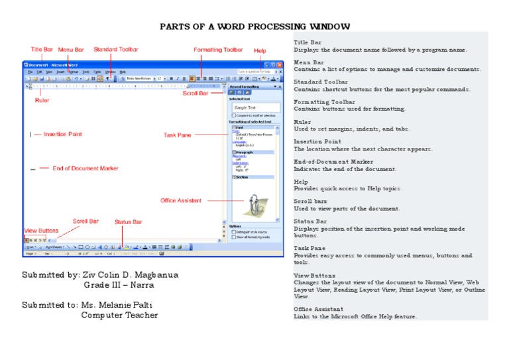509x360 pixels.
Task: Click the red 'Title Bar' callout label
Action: pyautogui.click(x=42, y=50)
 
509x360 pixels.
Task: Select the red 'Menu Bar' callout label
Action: pyautogui.click(x=71, y=50)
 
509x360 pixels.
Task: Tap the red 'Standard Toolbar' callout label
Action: pyautogui.click(x=116, y=50)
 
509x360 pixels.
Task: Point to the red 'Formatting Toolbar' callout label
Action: pyautogui.click(x=218, y=50)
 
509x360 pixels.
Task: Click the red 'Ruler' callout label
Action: pyautogui.click(x=42, y=101)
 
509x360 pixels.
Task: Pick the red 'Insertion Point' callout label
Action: pyautogui.click(x=63, y=135)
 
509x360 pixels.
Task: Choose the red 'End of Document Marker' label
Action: pyautogui.click(x=85, y=168)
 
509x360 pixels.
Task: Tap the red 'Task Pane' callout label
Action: pyautogui.click(x=177, y=135)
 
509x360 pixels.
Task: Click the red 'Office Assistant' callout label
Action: pyautogui.click(x=181, y=200)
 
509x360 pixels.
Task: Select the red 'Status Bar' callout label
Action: pyautogui.click(x=128, y=222)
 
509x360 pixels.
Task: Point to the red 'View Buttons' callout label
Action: pyautogui.click(x=41, y=231)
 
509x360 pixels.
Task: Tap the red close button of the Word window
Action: pyautogui.click(x=280, y=64)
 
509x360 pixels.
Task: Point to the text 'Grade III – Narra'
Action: pyautogui.click(x=119, y=285)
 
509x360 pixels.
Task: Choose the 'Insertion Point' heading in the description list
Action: pyautogui.click(x=317, y=142)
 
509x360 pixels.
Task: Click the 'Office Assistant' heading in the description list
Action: pyautogui.click(x=318, y=310)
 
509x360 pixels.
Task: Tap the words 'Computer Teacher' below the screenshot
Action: pyautogui.click(x=119, y=316)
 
